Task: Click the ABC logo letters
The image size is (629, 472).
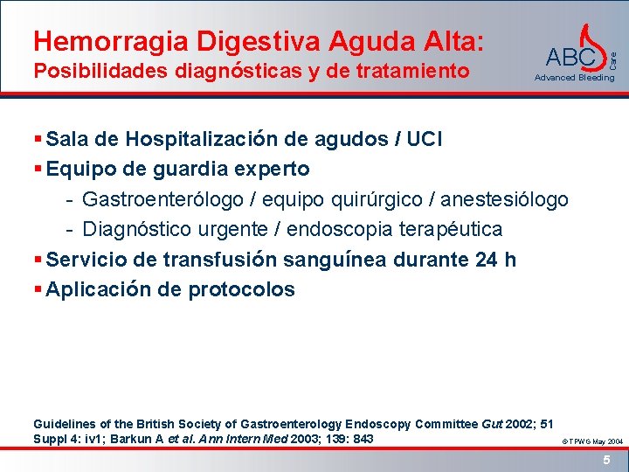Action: tap(570, 58)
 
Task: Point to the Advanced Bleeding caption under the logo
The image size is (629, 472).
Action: tap(574, 78)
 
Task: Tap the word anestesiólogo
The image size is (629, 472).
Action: tap(504, 199)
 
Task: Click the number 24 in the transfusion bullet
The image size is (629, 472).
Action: tap(487, 260)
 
